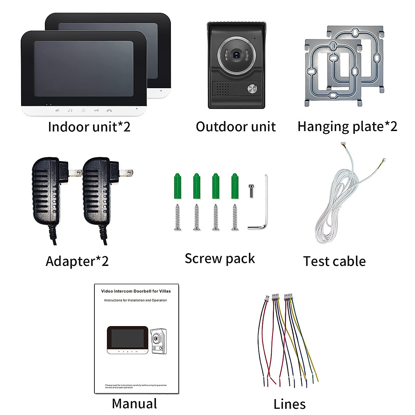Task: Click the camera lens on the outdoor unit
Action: click(237, 54)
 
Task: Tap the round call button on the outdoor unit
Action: click(252, 89)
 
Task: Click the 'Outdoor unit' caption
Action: click(236, 127)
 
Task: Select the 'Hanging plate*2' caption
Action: click(347, 127)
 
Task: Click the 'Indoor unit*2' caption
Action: click(89, 127)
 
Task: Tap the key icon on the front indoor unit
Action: click(96, 110)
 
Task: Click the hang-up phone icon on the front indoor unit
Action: click(109, 111)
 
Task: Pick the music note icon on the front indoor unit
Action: click(70, 110)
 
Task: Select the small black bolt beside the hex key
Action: click(252, 191)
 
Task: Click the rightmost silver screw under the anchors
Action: click(235, 217)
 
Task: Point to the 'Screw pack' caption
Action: click(220, 259)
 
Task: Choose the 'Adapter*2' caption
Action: click(77, 261)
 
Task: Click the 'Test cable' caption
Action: click(334, 261)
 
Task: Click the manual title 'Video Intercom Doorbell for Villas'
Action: click(136, 291)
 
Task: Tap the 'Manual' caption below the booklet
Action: click(135, 404)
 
